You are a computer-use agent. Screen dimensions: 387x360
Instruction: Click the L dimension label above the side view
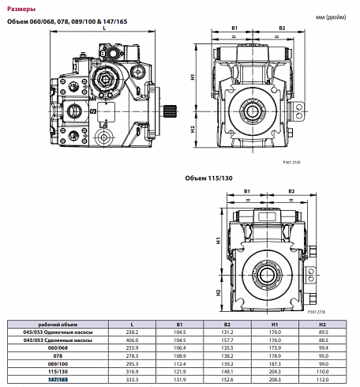(x=104, y=27)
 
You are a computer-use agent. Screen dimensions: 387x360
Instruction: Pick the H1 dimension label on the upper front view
(x=193, y=77)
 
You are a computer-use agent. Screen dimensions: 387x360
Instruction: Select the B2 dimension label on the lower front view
(x=291, y=191)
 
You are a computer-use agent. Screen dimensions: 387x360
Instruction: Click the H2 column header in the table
(x=322, y=325)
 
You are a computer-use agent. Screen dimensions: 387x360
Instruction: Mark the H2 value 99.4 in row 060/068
(x=322, y=348)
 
